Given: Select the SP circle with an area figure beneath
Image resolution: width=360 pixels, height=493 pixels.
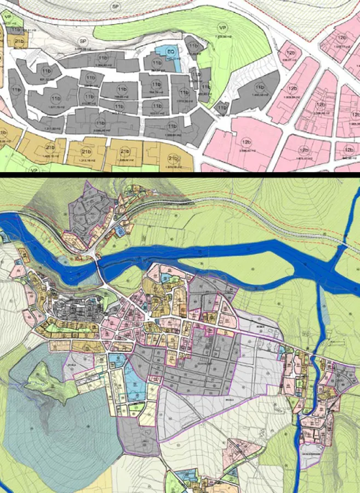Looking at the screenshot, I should click(83, 41).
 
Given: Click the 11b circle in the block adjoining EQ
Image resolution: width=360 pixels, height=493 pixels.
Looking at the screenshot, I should click(157, 64).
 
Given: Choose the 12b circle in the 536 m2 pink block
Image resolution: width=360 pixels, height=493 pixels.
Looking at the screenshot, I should click(292, 53).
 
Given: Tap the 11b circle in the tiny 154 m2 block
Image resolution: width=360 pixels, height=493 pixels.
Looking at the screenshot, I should click(221, 107).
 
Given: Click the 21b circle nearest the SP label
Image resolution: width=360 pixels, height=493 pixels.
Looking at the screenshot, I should click(19, 42).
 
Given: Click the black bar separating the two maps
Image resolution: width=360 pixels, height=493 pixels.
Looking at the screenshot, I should click(180, 173).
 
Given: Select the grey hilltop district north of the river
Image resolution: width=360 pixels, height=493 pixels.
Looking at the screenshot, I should click(88, 211).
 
